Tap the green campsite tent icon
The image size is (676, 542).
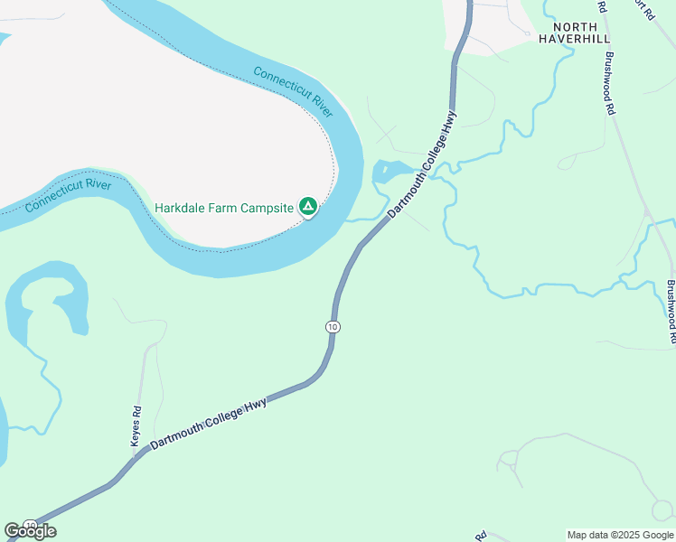[x=308, y=208]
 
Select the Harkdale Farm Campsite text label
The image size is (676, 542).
[x=224, y=208]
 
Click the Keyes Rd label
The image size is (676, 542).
[x=136, y=425]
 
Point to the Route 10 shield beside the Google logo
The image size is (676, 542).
[x=30, y=525]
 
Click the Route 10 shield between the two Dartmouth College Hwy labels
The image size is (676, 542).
[x=333, y=326]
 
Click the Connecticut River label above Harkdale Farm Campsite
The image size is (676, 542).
[x=294, y=91]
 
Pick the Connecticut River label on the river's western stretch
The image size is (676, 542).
[x=68, y=196]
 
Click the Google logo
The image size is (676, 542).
[x=30, y=531]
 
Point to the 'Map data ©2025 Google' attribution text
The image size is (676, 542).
[x=620, y=535]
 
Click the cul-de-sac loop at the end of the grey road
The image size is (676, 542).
[x=662, y=511]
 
